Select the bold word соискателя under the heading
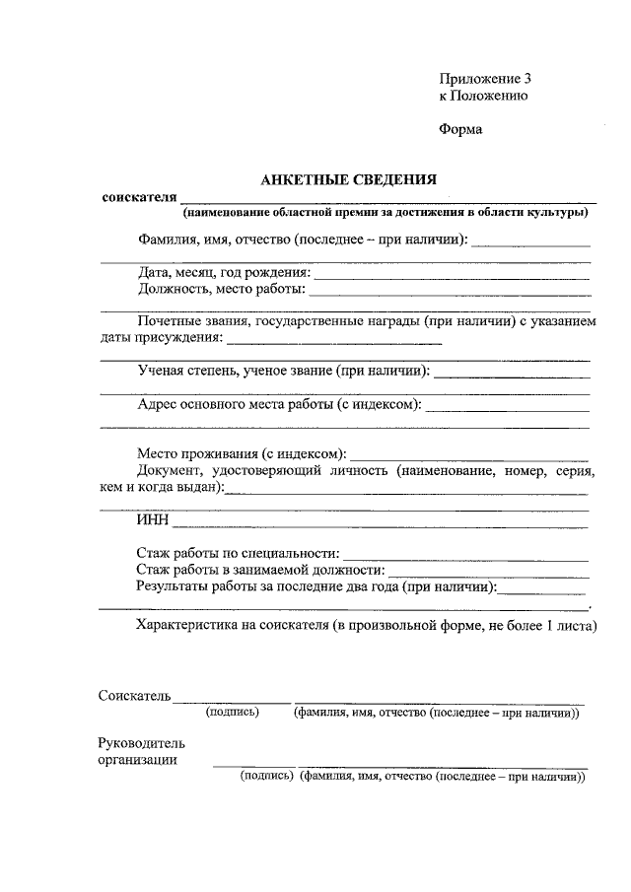(139, 197)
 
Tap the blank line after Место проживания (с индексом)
(470, 458)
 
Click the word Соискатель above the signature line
(135, 696)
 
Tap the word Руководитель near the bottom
(141, 742)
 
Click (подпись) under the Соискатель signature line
(232, 713)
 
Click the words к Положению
(484, 96)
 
